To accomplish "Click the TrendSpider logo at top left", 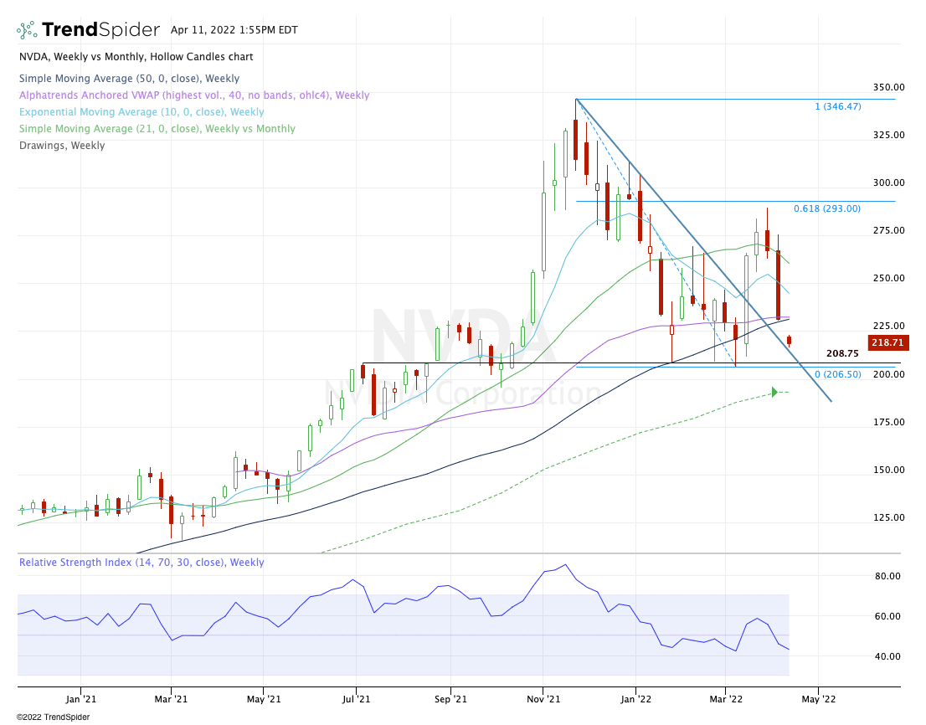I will [x=87, y=30].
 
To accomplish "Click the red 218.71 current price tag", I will [x=889, y=343].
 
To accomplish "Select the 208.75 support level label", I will [x=843, y=354].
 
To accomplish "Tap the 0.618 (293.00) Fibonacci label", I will [x=826, y=208].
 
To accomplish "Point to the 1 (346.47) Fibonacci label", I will [x=837, y=106].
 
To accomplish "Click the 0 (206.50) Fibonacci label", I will [x=837, y=374].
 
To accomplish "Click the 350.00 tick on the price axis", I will [x=887, y=87].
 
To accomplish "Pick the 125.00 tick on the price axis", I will [x=887, y=517].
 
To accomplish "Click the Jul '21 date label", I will [x=358, y=698].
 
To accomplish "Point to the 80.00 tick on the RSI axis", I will [x=887, y=576].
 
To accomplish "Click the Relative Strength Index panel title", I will [x=141, y=563].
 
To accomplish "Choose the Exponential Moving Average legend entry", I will [x=141, y=112].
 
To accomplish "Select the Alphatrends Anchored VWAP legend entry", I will [x=193, y=95].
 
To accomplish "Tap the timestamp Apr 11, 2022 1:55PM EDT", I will [x=234, y=29].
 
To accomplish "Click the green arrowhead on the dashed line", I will [x=774, y=392].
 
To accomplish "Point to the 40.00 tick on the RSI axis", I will [x=887, y=656].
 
